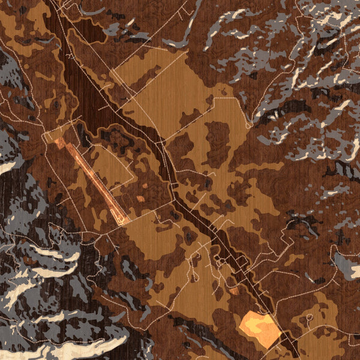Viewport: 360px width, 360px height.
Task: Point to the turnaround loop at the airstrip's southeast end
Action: coord(124,221)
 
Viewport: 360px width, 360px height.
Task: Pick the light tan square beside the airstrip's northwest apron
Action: coord(51,135)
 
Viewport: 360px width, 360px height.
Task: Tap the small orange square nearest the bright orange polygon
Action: coord(234,291)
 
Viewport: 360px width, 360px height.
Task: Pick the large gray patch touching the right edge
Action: coord(347,264)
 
